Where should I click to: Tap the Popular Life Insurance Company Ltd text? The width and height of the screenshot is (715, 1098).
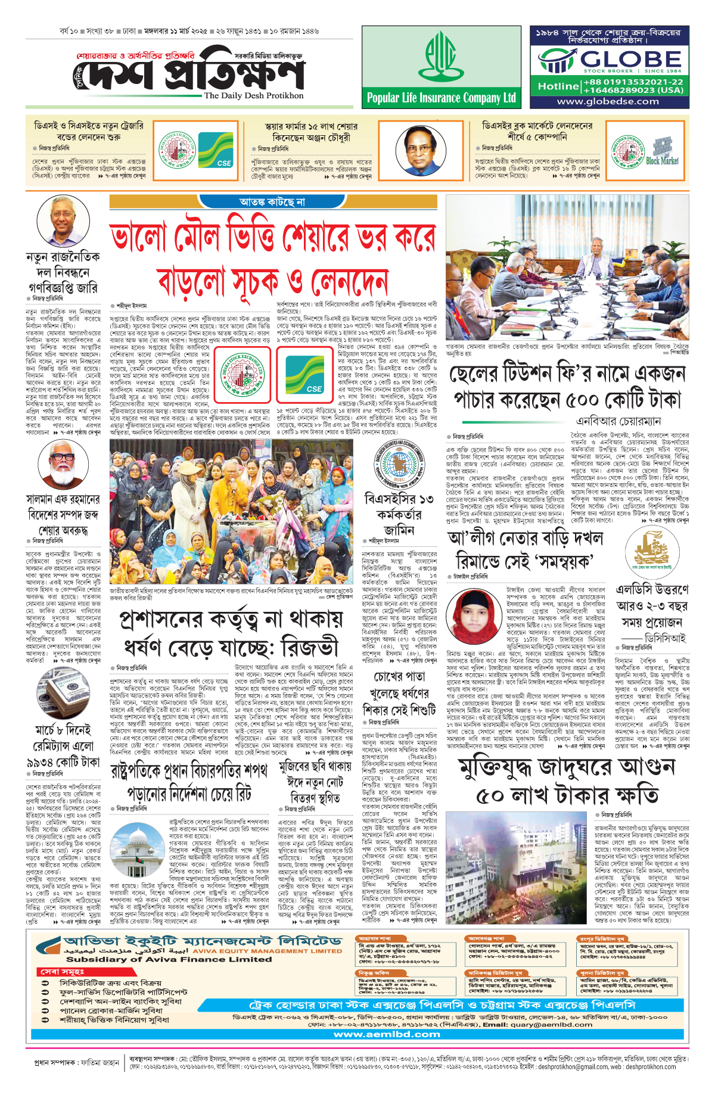(442, 98)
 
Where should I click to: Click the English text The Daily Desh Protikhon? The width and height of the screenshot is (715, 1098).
(254, 95)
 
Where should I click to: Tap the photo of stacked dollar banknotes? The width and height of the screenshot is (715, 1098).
(63, 693)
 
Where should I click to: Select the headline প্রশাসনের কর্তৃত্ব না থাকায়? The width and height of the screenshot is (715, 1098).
(232, 618)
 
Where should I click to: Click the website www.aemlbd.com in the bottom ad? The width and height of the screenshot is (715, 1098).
(387, 1034)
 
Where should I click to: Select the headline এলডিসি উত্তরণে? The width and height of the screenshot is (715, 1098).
(652, 590)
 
